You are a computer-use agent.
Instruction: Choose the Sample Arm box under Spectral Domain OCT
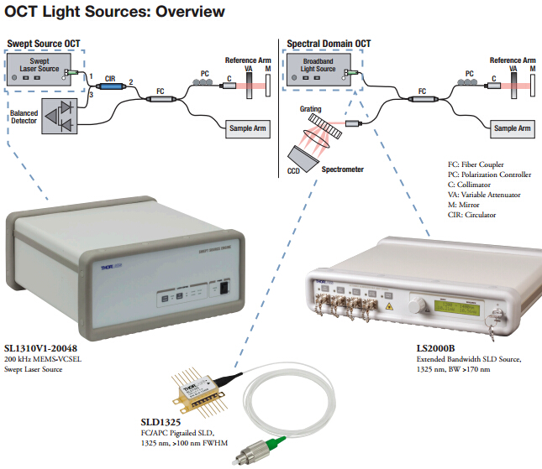[512, 128]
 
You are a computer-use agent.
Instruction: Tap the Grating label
[313, 110]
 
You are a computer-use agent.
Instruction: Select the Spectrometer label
[343, 169]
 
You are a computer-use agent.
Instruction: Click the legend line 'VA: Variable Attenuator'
[483, 195]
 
